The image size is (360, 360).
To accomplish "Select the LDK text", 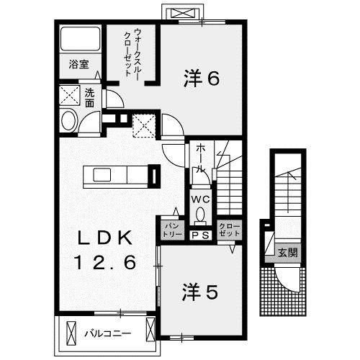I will point(105,239).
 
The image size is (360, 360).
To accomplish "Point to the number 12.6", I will point(105,263).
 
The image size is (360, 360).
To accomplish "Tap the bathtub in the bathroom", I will point(80,38).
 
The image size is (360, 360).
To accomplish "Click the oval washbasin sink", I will point(68,121).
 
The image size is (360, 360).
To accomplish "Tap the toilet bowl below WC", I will point(200,214).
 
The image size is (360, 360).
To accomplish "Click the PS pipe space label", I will point(200,234).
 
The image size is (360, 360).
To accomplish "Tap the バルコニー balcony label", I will point(106,333).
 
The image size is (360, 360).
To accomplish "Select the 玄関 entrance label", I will point(287,252).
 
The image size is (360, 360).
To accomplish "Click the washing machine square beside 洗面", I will point(70,96).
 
